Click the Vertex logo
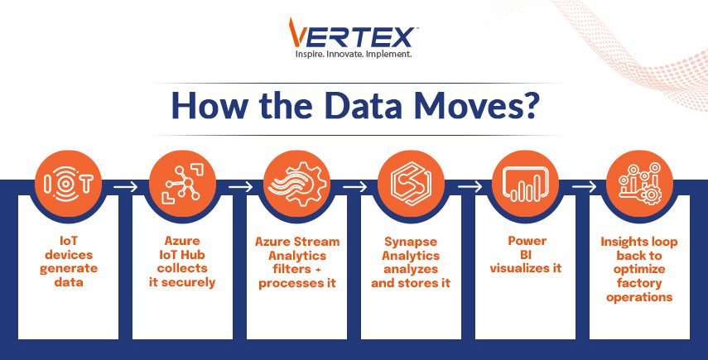tap(352, 33)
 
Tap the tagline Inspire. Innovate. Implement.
tap(353, 54)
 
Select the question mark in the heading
tap(529, 107)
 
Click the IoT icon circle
tap(68, 184)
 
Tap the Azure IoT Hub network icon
tap(182, 184)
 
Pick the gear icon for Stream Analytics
tap(296, 184)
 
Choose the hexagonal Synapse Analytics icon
tap(411, 184)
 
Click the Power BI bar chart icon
tap(525, 184)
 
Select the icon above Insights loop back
tap(639, 184)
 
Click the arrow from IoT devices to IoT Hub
tap(125, 186)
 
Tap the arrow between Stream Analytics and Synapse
tap(354, 186)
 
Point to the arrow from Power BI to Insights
tap(584, 186)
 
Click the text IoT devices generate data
tap(69, 262)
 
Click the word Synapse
tap(411, 242)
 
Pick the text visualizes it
tap(526, 268)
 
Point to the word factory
tap(639, 283)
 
